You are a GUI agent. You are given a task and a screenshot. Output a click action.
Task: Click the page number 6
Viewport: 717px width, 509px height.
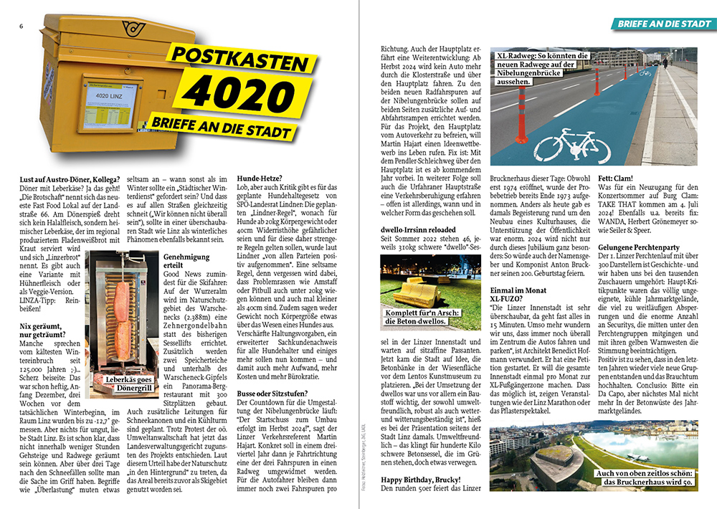[22, 27]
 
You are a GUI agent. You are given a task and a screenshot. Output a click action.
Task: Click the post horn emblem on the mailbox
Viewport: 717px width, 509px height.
[132, 28]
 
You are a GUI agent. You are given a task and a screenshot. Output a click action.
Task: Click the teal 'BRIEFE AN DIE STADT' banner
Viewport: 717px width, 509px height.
[664, 24]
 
